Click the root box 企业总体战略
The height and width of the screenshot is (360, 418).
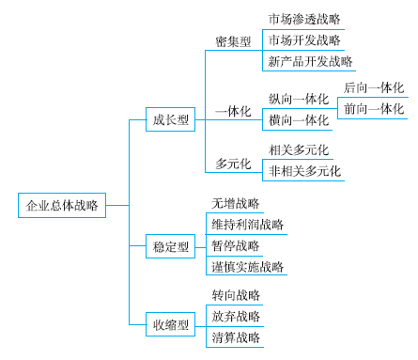tap(63, 205)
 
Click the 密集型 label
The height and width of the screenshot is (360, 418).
tap(233, 41)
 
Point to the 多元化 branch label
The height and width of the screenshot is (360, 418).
tap(233, 163)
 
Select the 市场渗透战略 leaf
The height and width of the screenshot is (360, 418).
tap(303, 19)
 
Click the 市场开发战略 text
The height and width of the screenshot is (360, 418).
tap(303, 40)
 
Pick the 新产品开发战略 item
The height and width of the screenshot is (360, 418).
tap(310, 62)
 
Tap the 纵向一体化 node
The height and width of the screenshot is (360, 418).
tap(299, 98)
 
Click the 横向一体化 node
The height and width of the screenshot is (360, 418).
tap(299, 119)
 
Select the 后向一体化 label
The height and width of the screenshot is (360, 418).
tap(374, 86)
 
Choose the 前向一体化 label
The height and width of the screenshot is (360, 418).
tap(374, 108)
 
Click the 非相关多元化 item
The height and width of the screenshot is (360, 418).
tap(304, 171)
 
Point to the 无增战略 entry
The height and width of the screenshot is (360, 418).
tap(235, 203)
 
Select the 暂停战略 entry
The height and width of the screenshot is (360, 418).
tap(235, 246)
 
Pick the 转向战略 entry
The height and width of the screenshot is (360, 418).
tap(236, 295)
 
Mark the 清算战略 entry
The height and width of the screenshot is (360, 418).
tap(236, 338)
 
